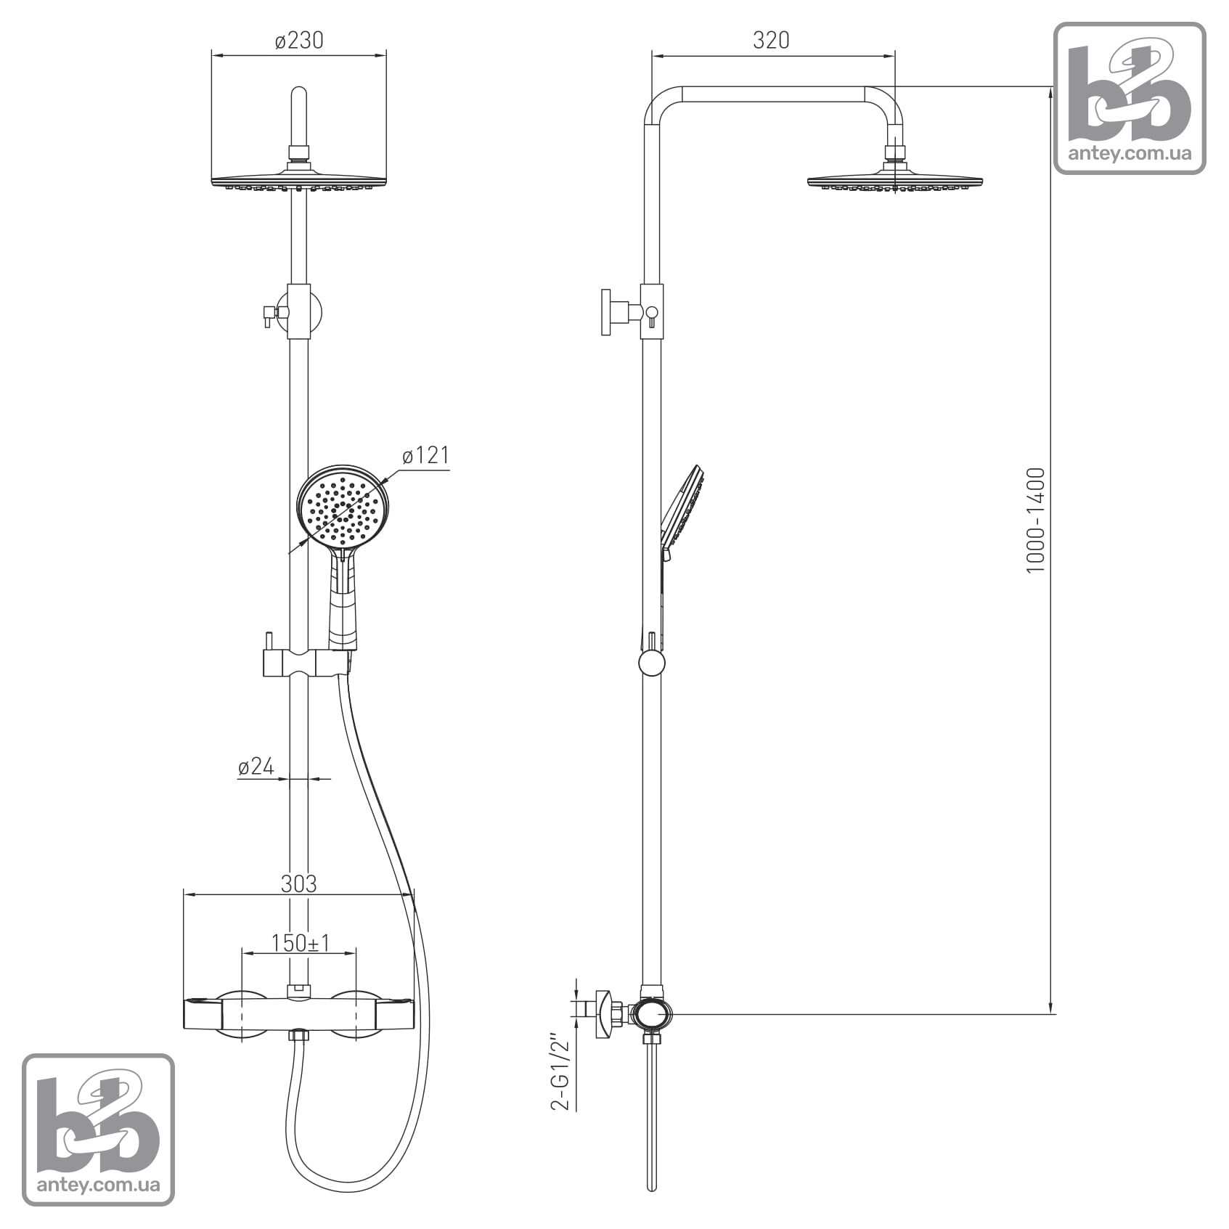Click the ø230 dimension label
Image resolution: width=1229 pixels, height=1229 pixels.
pos(299,40)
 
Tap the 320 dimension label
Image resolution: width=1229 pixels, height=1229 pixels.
pos(771,40)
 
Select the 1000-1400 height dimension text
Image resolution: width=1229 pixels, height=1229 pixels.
pos(1035,520)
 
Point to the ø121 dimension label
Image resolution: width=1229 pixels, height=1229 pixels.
pos(426,455)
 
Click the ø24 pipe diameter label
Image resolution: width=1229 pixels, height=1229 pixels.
pos(256,766)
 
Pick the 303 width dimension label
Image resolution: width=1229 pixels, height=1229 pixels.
pos(298,883)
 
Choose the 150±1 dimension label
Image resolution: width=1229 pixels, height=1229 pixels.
pos(300,943)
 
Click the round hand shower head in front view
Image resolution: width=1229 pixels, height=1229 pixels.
pos(343,507)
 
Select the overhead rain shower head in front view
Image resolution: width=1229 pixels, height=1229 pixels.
pos(299,180)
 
